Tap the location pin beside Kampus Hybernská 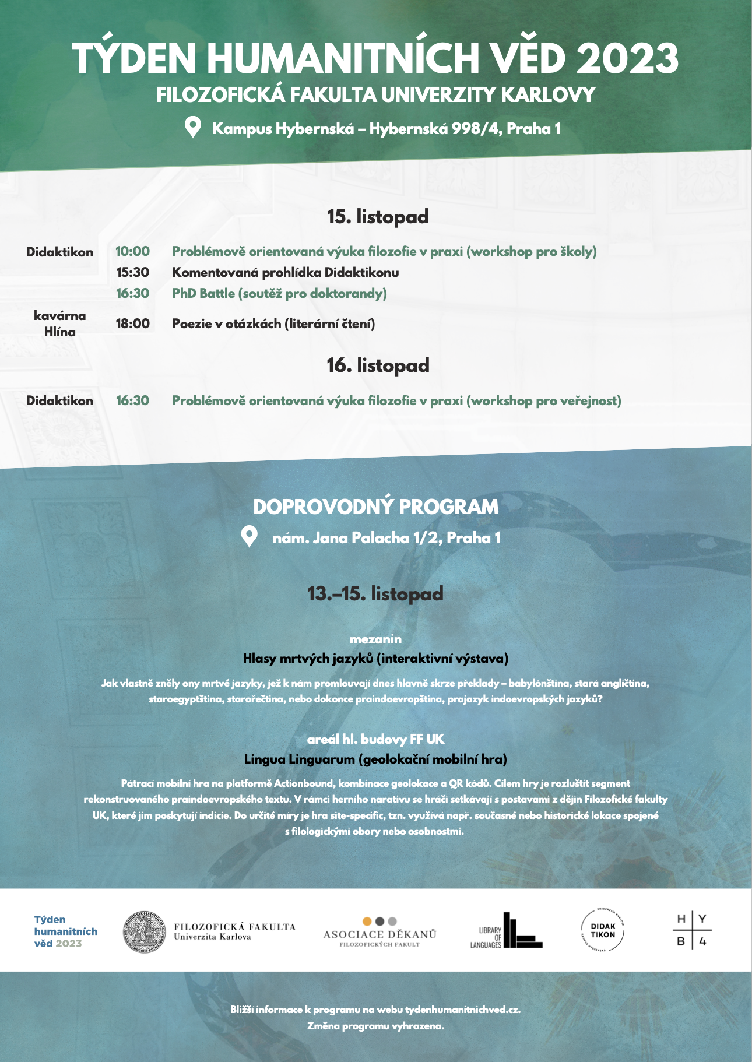click(x=192, y=127)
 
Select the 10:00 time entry click(x=132, y=251)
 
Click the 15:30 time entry click(x=132, y=272)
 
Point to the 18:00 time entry click(x=132, y=323)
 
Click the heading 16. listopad click(x=378, y=365)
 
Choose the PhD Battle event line click(x=279, y=293)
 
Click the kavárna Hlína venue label click(x=59, y=323)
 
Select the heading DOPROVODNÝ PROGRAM click(x=376, y=507)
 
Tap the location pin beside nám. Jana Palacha click(x=250, y=536)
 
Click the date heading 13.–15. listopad click(x=375, y=593)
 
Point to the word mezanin click(x=375, y=639)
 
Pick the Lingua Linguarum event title click(x=375, y=759)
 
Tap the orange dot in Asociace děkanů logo click(x=367, y=922)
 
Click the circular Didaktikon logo click(x=603, y=930)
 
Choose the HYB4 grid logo click(x=692, y=930)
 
